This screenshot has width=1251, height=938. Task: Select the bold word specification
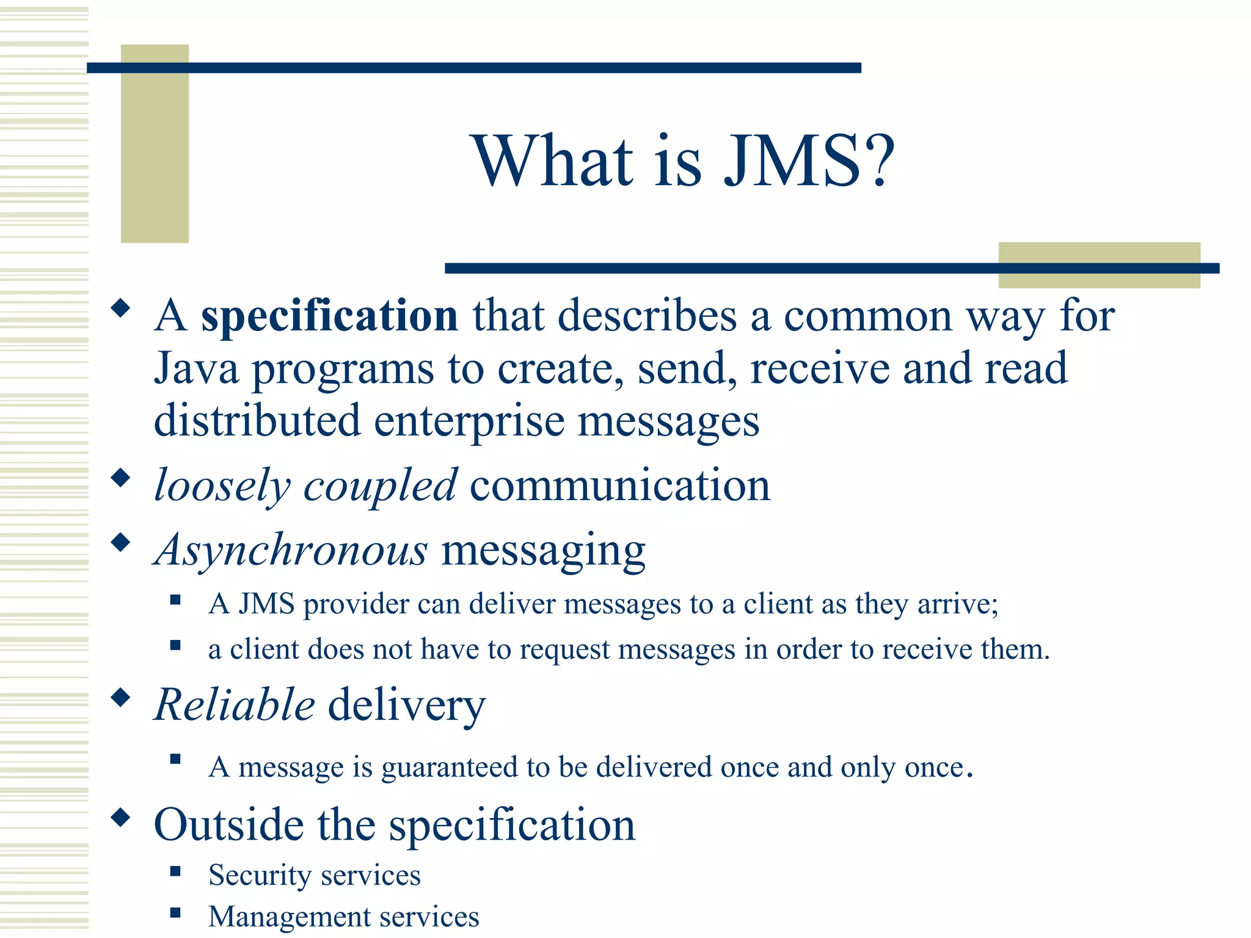click(329, 316)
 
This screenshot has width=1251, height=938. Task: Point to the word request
click(564, 650)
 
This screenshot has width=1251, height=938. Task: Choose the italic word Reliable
click(235, 705)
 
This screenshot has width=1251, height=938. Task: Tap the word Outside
click(228, 825)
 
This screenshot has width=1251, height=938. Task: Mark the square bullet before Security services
click(175, 871)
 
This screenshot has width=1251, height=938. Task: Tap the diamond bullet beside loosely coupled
click(121, 478)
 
